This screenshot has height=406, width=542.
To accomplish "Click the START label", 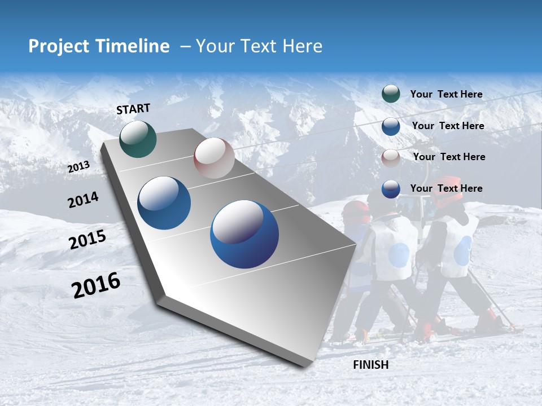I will (133, 109).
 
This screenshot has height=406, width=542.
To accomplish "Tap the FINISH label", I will (370, 365).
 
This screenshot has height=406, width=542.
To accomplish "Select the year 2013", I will (78, 167).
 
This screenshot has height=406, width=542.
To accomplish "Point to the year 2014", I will (83, 200).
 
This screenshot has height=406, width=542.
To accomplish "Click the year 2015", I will (87, 240).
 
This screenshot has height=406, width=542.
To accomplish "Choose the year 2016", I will (96, 285).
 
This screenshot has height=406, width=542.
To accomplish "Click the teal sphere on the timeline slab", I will (138, 139).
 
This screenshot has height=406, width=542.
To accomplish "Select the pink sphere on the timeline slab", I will (214, 158).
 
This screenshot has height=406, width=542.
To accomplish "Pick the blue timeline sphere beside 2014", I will (164, 203).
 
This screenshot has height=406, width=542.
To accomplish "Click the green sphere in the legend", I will (391, 94).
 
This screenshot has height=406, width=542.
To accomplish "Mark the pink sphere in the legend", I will (391, 157).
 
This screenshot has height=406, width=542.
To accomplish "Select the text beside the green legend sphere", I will (446, 94).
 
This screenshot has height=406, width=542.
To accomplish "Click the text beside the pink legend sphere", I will (449, 157).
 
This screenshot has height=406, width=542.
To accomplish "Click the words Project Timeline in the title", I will (99, 46).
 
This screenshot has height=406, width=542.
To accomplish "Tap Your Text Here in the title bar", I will (259, 46).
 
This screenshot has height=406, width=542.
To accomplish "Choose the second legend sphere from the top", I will (391, 126).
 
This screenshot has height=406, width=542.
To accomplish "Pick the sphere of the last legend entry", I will (391, 189).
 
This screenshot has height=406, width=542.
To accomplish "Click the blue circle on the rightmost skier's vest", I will (463, 250).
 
